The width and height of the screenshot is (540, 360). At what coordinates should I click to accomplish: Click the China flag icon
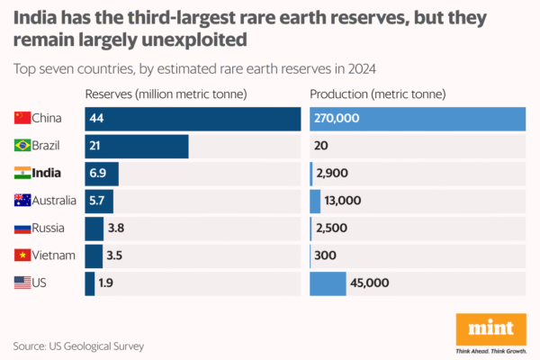tap(22, 118)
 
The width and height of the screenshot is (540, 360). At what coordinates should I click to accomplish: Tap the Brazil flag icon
tap(22, 146)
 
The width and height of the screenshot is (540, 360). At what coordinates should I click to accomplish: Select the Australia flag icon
tap(22, 201)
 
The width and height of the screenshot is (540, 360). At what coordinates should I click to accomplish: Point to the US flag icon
tap(22, 283)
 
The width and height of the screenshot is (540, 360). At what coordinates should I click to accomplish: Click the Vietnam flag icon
tap(22, 256)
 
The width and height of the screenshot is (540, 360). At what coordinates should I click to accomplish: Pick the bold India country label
tap(47, 174)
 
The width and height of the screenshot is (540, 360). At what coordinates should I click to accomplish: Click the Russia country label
tap(49, 229)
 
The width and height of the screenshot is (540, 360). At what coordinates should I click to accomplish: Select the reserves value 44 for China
tap(96, 118)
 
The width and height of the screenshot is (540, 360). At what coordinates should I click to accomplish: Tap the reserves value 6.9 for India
tap(98, 174)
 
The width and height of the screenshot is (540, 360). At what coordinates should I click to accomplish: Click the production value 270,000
tap(337, 118)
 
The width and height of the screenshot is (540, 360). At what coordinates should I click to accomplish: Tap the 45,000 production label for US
tap(371, 283)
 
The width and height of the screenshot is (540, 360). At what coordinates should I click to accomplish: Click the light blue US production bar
tap(328, 283)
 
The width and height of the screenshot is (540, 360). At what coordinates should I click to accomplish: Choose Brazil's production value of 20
tap(323, 146)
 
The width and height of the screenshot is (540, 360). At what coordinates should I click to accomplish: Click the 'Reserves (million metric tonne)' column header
tap(166, 94)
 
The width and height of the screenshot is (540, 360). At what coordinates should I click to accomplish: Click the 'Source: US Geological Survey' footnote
tap(78, 346)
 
